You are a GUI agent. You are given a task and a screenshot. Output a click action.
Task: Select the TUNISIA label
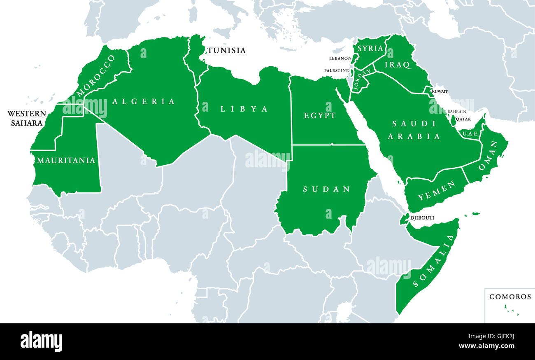coord(226,50)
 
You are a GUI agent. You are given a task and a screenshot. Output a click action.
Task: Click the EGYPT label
coord(320,116)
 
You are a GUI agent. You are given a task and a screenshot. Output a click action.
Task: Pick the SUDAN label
coord(326,189)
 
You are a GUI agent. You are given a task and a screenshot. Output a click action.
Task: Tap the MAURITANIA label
coord(66,160)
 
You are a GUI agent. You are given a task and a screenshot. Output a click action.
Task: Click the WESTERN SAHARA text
coord(26,118)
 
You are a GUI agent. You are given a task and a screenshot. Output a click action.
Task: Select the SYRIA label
coord(370,48)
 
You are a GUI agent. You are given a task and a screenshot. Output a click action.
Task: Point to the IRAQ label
coord(398,65)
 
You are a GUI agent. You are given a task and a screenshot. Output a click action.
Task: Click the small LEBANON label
coord(340,58)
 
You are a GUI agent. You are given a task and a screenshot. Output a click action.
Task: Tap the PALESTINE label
coord(336,70)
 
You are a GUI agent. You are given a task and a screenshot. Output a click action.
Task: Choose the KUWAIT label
coord(440,91)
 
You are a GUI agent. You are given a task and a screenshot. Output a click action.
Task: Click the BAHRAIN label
coord(457,112)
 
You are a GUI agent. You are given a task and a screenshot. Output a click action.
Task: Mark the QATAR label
coord(463,119)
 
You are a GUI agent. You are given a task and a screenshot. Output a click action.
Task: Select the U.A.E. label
coord(470,133)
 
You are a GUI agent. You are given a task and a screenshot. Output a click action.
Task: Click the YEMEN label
coord(431,190)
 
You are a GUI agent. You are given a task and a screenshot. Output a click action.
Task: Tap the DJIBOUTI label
coord(422,218)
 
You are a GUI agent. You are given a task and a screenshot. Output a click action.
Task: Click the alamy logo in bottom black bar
coord(42,341)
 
